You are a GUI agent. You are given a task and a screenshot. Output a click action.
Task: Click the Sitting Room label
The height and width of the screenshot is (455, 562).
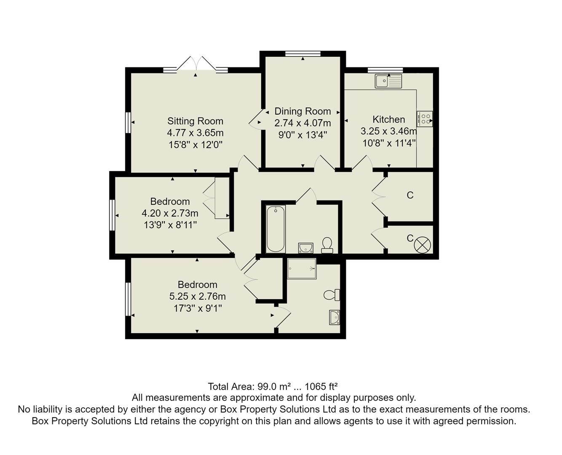[195, 121]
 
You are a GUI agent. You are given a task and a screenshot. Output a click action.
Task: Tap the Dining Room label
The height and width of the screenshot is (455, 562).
[302, 112]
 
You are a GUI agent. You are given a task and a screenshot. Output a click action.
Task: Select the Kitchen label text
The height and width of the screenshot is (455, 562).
[388, 120]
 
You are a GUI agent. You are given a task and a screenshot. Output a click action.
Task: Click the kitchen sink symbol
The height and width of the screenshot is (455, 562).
[388, 81]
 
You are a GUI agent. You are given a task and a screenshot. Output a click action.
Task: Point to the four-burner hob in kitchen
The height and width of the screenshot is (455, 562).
[424, 119]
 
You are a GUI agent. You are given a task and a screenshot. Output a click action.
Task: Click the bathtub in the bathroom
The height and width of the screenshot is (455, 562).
[276, 229]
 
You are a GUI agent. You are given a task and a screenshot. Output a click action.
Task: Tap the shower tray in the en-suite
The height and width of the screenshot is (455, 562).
[301, 269]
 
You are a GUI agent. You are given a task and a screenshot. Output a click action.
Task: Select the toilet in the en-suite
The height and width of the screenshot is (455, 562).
[332, 294]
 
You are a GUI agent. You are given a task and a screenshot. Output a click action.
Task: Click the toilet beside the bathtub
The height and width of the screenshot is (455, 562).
[327, 245]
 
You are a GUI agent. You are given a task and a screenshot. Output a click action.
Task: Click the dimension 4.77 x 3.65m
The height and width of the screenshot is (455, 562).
[195, 133]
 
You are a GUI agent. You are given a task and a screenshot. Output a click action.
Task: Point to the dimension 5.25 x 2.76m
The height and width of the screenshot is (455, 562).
[197, 297]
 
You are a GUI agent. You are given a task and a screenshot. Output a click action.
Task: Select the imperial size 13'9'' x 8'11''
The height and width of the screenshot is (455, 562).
[170, 225]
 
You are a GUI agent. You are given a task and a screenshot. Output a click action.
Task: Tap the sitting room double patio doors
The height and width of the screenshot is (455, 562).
[195, 65]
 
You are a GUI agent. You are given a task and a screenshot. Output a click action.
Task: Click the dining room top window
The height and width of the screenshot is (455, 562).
[302, 54]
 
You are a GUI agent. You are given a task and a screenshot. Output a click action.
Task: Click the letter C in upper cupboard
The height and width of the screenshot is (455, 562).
[410, 195]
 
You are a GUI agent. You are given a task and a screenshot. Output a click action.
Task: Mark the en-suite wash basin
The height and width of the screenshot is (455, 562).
[335, 317]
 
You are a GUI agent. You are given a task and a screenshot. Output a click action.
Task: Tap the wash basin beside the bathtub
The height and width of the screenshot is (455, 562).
[305, 248]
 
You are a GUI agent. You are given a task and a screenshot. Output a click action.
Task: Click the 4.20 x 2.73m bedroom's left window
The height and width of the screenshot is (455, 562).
[112, 215]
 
